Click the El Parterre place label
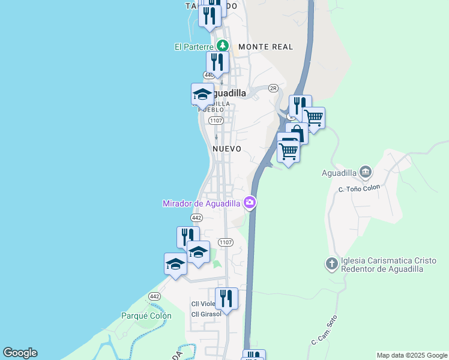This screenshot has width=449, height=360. click(194, 46)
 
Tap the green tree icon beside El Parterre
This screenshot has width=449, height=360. click(223, 46)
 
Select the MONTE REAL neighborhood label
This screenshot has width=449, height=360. click(265, 47)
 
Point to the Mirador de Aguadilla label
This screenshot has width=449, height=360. click(202, 203)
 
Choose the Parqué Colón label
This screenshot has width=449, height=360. click(146, 316)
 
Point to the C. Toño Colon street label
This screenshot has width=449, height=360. click(360, 188)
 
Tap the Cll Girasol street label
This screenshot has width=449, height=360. click(206, 314)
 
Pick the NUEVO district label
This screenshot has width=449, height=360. click(227, 149)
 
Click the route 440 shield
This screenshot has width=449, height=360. click(208, 75)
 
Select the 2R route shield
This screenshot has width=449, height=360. click(274, 88)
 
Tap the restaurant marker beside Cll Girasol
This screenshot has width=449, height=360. click(226, 298)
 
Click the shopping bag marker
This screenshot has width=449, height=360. click(296, 133)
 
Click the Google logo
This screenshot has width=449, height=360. click(20, 353)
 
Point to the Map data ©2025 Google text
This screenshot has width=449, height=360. click(412, 355)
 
